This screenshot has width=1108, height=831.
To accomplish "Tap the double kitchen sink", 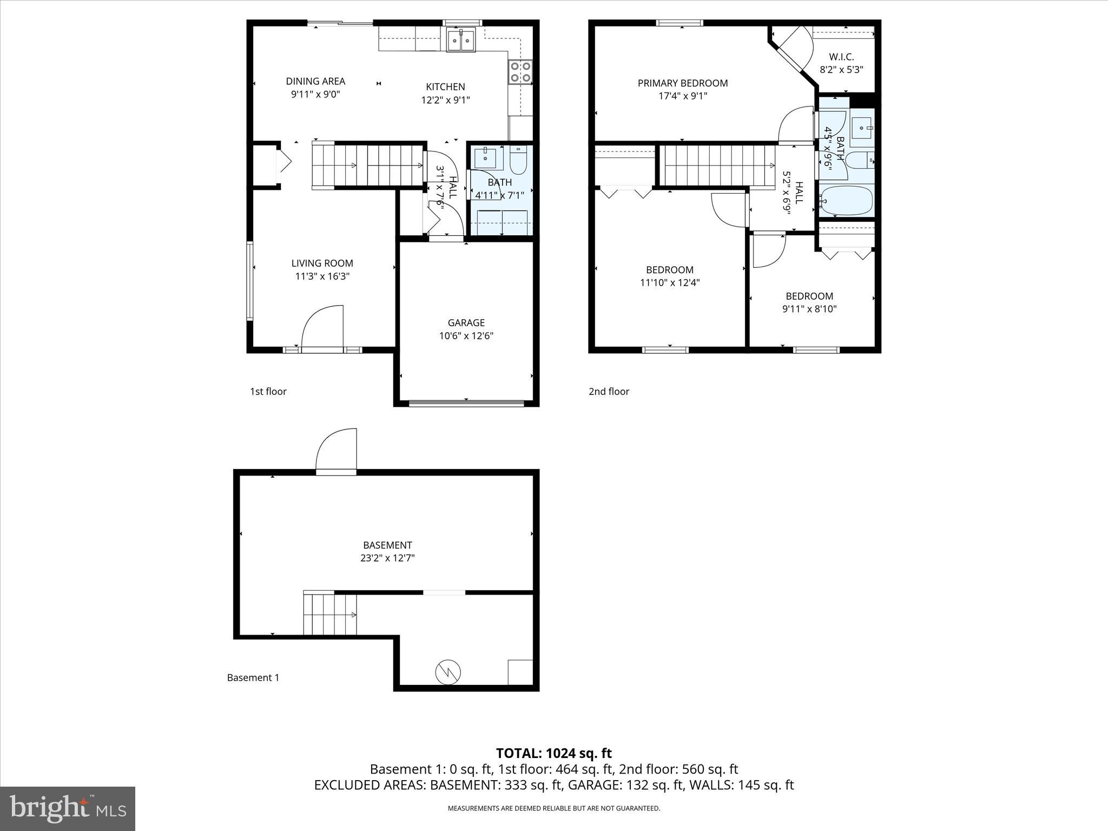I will (x=461, y=41).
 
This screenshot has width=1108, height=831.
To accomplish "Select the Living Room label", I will (x=322, y=263).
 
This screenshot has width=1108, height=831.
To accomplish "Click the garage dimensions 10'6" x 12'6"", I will (x=466, y=336).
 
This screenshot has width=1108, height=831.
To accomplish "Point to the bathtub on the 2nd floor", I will (x=846, y=201).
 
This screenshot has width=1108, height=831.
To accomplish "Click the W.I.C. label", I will (x=841, y=57).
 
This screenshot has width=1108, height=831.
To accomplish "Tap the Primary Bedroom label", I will (x=682, y=83).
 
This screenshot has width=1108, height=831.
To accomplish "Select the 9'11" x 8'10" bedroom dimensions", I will (x=809, y=309).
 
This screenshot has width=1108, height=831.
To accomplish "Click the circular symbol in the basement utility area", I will (x=448, y=672).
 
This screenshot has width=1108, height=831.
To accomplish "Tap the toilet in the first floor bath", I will (x=518, y=160).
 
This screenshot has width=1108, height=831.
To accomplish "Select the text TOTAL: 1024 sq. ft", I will (x=553, y=753).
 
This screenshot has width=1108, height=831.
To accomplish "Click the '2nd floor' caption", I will (x=609, y=392).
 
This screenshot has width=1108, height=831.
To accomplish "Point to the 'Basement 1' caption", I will (x=253, y=678).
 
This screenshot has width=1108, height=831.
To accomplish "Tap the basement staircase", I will (x=329, y=615).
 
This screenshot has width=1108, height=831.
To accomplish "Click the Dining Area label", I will (x=315, y=82).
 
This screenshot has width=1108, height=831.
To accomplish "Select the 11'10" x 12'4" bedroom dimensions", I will (x=670, y=283).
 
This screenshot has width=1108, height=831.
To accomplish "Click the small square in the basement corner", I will (x=520, y=672).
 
